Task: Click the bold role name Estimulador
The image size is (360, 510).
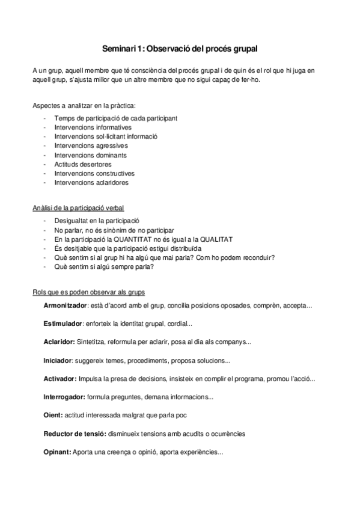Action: tap(62, 324)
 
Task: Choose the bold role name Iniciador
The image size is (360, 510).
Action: tap(57, 361)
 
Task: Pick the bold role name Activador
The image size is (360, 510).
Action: tap(59, 379)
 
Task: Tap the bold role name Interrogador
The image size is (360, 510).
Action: tap(64, 397)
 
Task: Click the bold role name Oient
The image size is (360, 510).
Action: tap(52, 416)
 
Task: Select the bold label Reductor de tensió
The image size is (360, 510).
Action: tap(75, 434)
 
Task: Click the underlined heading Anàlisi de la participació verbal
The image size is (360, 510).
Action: tap(78, 208)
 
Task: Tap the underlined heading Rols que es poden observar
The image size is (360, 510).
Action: tap(88, 292)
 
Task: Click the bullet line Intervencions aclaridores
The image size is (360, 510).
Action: tap(91, 182)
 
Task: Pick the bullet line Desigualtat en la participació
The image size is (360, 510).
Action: tap(96, 221)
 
